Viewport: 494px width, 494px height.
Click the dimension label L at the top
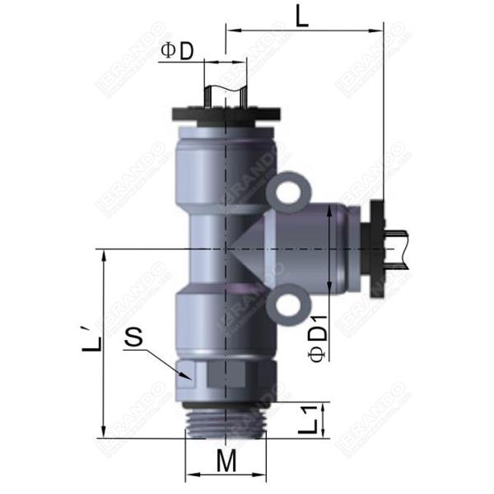click(302, 16)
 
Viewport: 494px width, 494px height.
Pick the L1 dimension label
click(309, 421)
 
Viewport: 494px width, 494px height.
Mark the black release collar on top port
click(225, 114)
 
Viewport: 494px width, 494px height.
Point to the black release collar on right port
click(378, 245)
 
